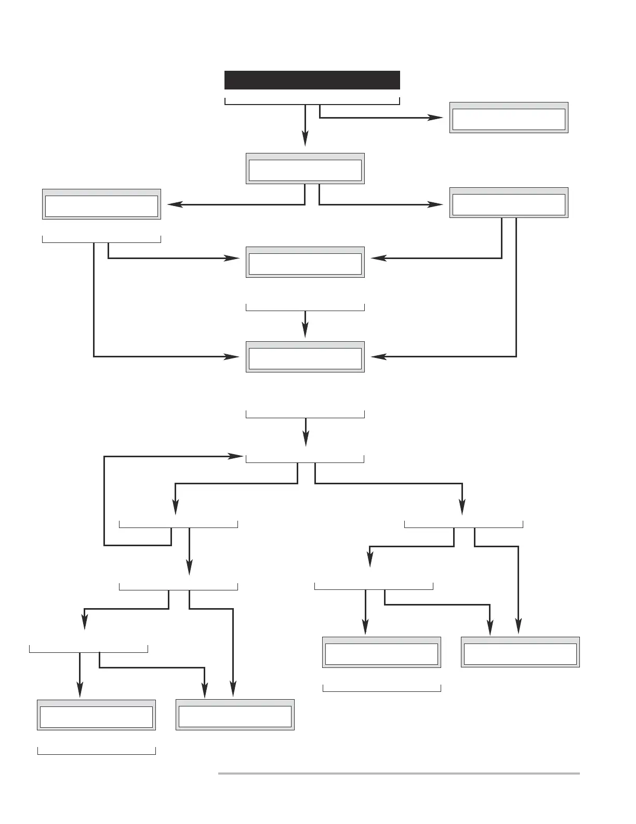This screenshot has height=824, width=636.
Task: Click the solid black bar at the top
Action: pos(312,80)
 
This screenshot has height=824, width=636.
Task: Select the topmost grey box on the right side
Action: pos(509,118)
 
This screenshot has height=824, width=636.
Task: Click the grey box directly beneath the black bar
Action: pos(305,169)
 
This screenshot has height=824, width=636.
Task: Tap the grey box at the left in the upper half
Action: pos(101,204)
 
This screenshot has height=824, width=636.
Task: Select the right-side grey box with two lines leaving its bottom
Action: pos(509,203)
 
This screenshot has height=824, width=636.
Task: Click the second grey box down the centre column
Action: pos(305,262)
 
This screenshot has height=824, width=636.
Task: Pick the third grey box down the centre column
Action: pos(305,357)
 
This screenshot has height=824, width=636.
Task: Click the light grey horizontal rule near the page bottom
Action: pos(399,774)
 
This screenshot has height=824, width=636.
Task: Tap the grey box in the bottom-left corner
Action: pos(96,715)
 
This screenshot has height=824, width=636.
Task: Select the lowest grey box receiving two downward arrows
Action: pos(235,715)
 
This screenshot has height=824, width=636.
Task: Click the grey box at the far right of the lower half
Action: pos(520,652)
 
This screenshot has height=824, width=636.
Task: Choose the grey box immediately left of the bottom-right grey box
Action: pos(381,652)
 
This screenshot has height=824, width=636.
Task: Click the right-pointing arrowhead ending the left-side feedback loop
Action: pos(237,457)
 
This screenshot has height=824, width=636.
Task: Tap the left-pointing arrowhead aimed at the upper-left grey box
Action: pos(175,205)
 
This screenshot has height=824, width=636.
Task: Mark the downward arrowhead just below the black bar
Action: pos(305,139)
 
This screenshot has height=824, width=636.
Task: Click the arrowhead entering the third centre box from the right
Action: pos(378,357)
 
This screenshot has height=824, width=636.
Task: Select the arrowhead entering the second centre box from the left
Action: pos(232,258)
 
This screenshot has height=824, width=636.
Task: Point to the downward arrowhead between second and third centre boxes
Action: pos(305,330)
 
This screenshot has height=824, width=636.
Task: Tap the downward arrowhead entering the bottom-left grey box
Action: pos(79,690)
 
